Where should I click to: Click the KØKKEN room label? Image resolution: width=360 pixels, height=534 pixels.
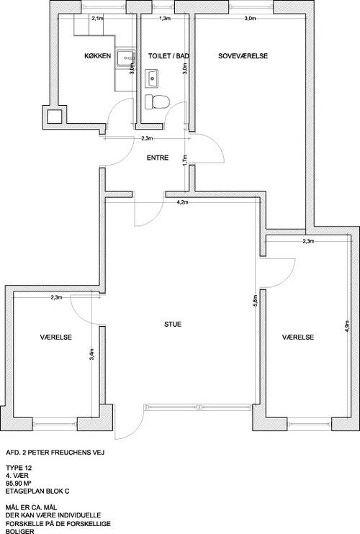[97, 56]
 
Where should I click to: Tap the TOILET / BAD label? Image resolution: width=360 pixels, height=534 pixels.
[168, 56]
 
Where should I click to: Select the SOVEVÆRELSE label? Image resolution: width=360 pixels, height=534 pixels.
[243, 56]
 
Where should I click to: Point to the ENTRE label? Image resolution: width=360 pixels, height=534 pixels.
[158, 158]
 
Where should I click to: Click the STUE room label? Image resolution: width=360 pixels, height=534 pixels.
[173, 324]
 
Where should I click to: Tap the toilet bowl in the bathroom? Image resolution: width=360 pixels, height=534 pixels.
[157, 101]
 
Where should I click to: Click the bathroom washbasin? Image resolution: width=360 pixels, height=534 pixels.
[152, 78]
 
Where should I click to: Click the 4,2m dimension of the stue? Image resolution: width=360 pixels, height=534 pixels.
[182, 202]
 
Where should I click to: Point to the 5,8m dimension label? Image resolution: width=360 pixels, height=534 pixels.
[256, 301]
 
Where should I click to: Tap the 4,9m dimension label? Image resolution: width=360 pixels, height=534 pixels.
[347, 326]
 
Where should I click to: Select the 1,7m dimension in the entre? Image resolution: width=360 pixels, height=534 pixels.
[185, 160]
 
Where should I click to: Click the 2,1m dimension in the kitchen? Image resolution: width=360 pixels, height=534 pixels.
[97, 19]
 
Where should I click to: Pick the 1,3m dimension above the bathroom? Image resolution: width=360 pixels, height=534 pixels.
[165, 19]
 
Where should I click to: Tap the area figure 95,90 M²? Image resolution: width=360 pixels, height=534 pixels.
[19, 483]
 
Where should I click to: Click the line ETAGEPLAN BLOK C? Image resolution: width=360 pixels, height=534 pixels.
[37, 491]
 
